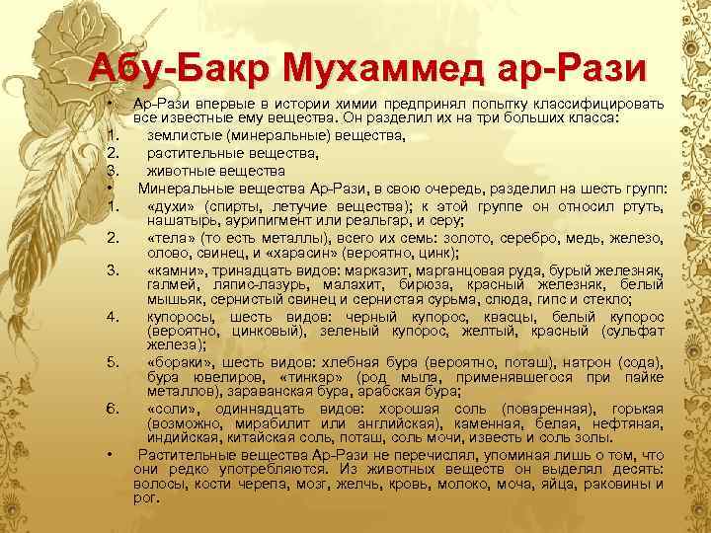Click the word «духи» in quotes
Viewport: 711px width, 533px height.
(171, 205)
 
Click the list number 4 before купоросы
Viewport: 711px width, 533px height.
(115, 316)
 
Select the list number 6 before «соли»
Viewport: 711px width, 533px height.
(115, 408)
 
